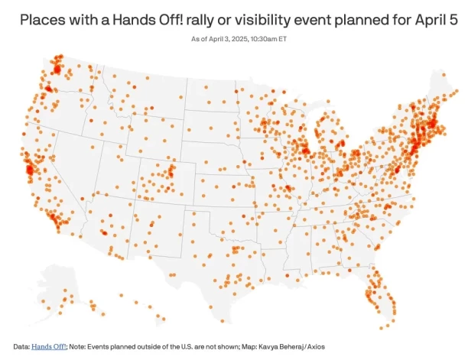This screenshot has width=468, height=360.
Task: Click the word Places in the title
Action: click(34, 17)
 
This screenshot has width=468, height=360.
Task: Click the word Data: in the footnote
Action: click(21, 347)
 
